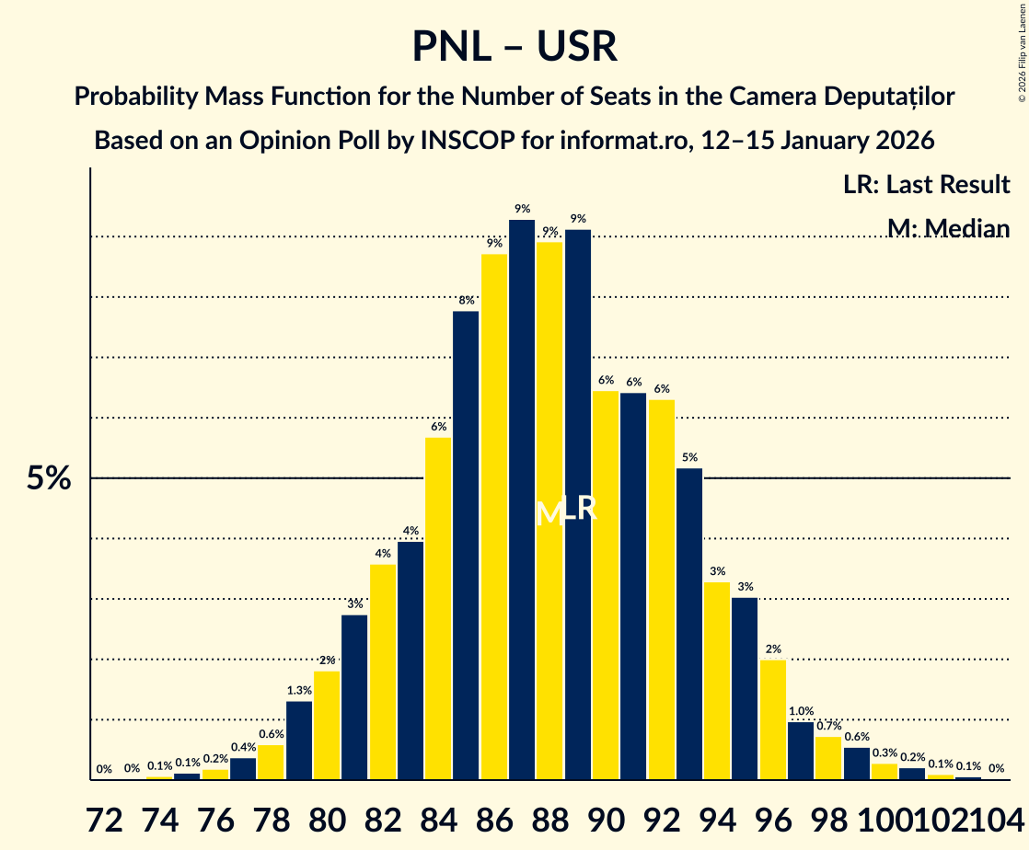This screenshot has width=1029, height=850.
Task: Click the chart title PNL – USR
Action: [514, 46]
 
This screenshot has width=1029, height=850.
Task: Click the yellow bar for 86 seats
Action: [494, 516]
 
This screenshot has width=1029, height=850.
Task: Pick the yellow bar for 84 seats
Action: [438, 608]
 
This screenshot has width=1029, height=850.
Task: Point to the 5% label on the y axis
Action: [49, 479]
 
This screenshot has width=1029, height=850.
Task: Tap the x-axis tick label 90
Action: [606, 821]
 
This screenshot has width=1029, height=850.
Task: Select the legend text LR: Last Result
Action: [926, 185]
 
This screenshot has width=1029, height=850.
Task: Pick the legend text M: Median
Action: [948, 229]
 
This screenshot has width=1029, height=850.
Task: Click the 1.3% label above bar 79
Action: [298, 691]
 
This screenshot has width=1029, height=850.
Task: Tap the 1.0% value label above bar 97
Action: [801, 711]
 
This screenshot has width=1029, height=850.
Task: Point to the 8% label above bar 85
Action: [466, 301]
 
